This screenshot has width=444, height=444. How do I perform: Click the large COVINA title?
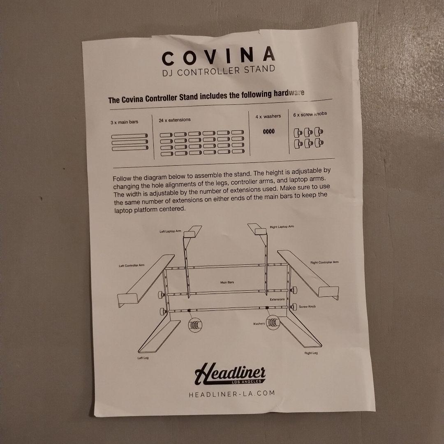point(218,56)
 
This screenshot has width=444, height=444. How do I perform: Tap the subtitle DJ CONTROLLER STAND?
point(219,71)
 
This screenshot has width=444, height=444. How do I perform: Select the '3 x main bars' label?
point(125,123)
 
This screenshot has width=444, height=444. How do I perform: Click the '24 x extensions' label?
point(175,120)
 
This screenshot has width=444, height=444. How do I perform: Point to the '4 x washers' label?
point(268,117)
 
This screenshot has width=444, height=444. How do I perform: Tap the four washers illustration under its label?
point(269,132)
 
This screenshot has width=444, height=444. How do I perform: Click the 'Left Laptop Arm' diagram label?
point(170,231)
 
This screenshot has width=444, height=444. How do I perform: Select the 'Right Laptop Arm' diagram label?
point(282,227)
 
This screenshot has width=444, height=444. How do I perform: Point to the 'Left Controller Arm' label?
point(132,266)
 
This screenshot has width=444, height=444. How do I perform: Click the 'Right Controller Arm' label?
point(324,262)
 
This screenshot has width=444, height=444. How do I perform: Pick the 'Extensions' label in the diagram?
point(277,299)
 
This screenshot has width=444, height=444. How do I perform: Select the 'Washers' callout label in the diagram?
point(259,324)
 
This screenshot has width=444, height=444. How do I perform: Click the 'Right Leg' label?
point(311,353)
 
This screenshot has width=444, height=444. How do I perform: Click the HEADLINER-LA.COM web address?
point(231,394)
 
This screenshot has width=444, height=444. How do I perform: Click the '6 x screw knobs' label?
point(310,114)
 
